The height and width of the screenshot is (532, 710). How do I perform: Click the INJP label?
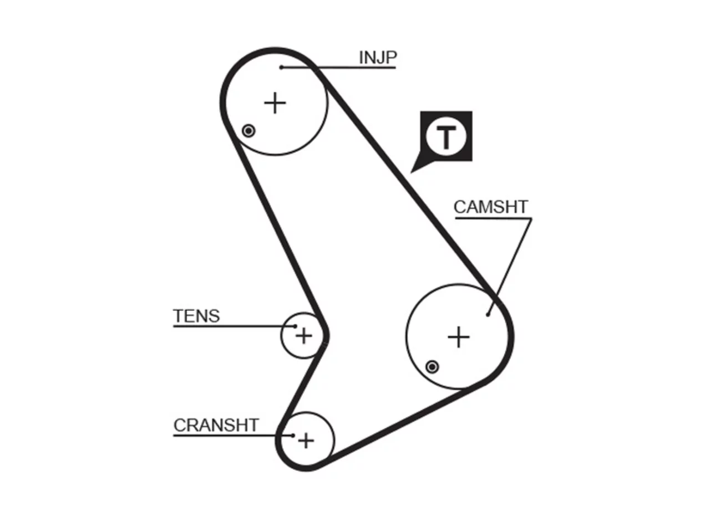click(x=378, y=58)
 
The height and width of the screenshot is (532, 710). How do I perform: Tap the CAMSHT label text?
click(x=491, y=207)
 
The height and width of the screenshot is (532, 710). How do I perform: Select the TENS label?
click(x=196, y=316)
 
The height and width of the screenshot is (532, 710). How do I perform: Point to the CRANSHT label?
click(x=216, y=425)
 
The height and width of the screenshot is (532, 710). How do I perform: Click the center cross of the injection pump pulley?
click(x=275, y=103)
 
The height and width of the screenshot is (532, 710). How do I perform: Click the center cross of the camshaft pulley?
click(x=458, y=337)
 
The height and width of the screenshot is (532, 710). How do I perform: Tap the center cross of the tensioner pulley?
click(x=304, y=336)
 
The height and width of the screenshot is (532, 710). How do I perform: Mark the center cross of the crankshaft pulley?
click(x=306, y=440)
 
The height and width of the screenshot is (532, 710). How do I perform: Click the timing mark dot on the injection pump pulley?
click(x=248, y=131)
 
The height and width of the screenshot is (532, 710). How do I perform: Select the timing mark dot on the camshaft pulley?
click(x=432, y=367)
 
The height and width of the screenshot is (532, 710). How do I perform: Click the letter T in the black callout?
click(x=446, y=137)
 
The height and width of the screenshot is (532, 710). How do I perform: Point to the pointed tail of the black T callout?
click(x=411, y=173)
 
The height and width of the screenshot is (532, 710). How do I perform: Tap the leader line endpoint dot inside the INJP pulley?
click(x=281, y=68)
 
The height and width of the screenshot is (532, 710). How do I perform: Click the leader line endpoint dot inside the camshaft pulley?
click(x=488, y=314)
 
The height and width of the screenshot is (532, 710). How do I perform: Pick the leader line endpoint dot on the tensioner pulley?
click(x=295, y=326)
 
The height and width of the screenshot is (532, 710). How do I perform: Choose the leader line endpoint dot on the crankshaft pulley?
click(x=293, y=436)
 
